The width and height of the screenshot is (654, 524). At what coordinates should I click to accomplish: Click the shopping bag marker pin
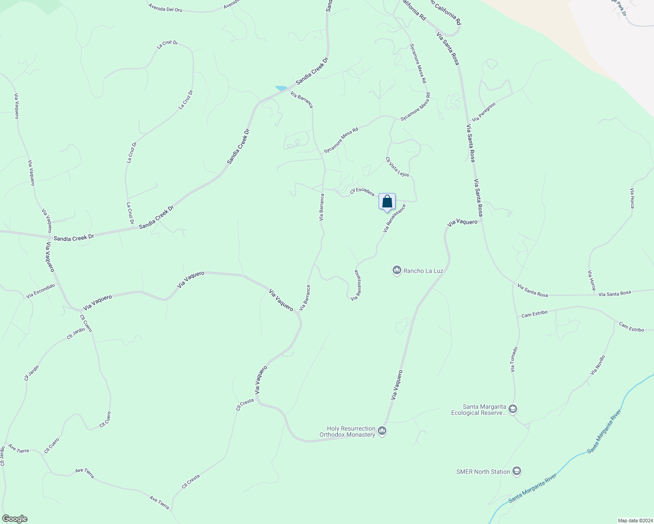tap(387, 202)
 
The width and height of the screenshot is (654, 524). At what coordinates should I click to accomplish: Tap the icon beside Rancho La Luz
tap(397, 271)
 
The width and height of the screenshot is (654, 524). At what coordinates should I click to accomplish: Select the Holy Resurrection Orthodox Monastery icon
tap(383, 431)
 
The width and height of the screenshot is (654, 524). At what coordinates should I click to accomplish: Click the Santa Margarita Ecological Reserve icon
tap(513, 410)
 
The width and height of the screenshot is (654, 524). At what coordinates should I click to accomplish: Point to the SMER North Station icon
tap(516, 472)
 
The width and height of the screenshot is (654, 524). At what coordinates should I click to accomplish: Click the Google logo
tap(14, 519)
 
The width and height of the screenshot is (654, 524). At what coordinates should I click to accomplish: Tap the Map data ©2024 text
tap(634, 521)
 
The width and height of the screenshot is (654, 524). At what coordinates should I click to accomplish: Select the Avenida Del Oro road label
tap(165, 8)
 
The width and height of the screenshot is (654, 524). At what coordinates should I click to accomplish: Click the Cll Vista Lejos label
tap(397, 167)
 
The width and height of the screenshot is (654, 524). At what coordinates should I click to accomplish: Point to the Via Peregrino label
tap(484, 112)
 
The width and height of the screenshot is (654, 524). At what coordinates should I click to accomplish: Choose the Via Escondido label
tap(41, 291)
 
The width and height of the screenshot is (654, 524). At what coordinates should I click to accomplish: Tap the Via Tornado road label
tap(514, 359)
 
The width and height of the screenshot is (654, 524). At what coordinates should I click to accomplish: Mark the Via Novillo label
tap(598, 365)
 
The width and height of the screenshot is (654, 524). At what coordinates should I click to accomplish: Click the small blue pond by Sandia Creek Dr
tap(281, 88)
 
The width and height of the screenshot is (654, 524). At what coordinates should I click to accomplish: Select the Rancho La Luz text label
tap(423, 271)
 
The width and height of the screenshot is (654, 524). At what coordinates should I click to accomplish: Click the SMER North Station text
tap(483, 472)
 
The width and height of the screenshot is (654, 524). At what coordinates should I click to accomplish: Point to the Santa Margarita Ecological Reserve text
tap(478, 410)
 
